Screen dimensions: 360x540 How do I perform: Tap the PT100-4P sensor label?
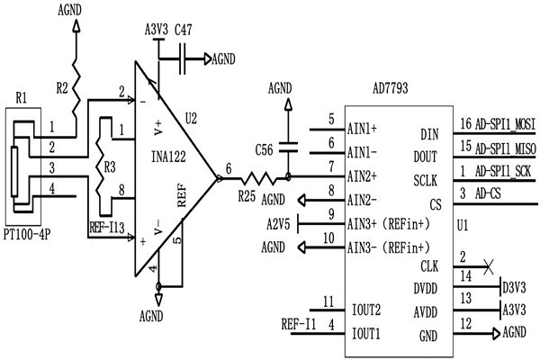28,232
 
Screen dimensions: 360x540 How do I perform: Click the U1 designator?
465,222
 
